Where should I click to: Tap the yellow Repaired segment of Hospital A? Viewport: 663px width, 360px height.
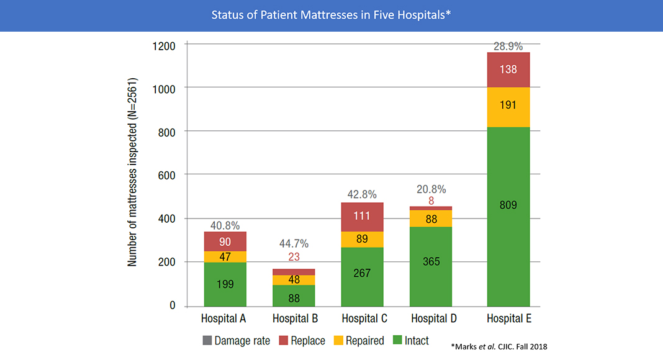point(225,256)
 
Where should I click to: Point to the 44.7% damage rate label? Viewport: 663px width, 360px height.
point(294,243)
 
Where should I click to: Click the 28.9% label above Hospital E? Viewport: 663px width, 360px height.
point(508,46)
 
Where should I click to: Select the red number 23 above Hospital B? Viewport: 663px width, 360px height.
point(294,257)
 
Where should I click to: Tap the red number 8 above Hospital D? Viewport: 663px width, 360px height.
point(431,201)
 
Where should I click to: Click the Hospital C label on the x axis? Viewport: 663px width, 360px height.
point(363,318)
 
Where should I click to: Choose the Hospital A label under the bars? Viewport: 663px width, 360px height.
point(225,318)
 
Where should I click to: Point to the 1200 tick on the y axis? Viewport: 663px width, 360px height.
point(164,45)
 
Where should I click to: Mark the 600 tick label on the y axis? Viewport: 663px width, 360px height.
point(167,175)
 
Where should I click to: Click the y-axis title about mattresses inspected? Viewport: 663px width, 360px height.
point(132,173)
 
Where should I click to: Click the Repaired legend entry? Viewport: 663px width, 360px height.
point(358,341)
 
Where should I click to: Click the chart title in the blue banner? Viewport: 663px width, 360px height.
point(331,15)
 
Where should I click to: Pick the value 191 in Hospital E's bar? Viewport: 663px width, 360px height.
point(508,105)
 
